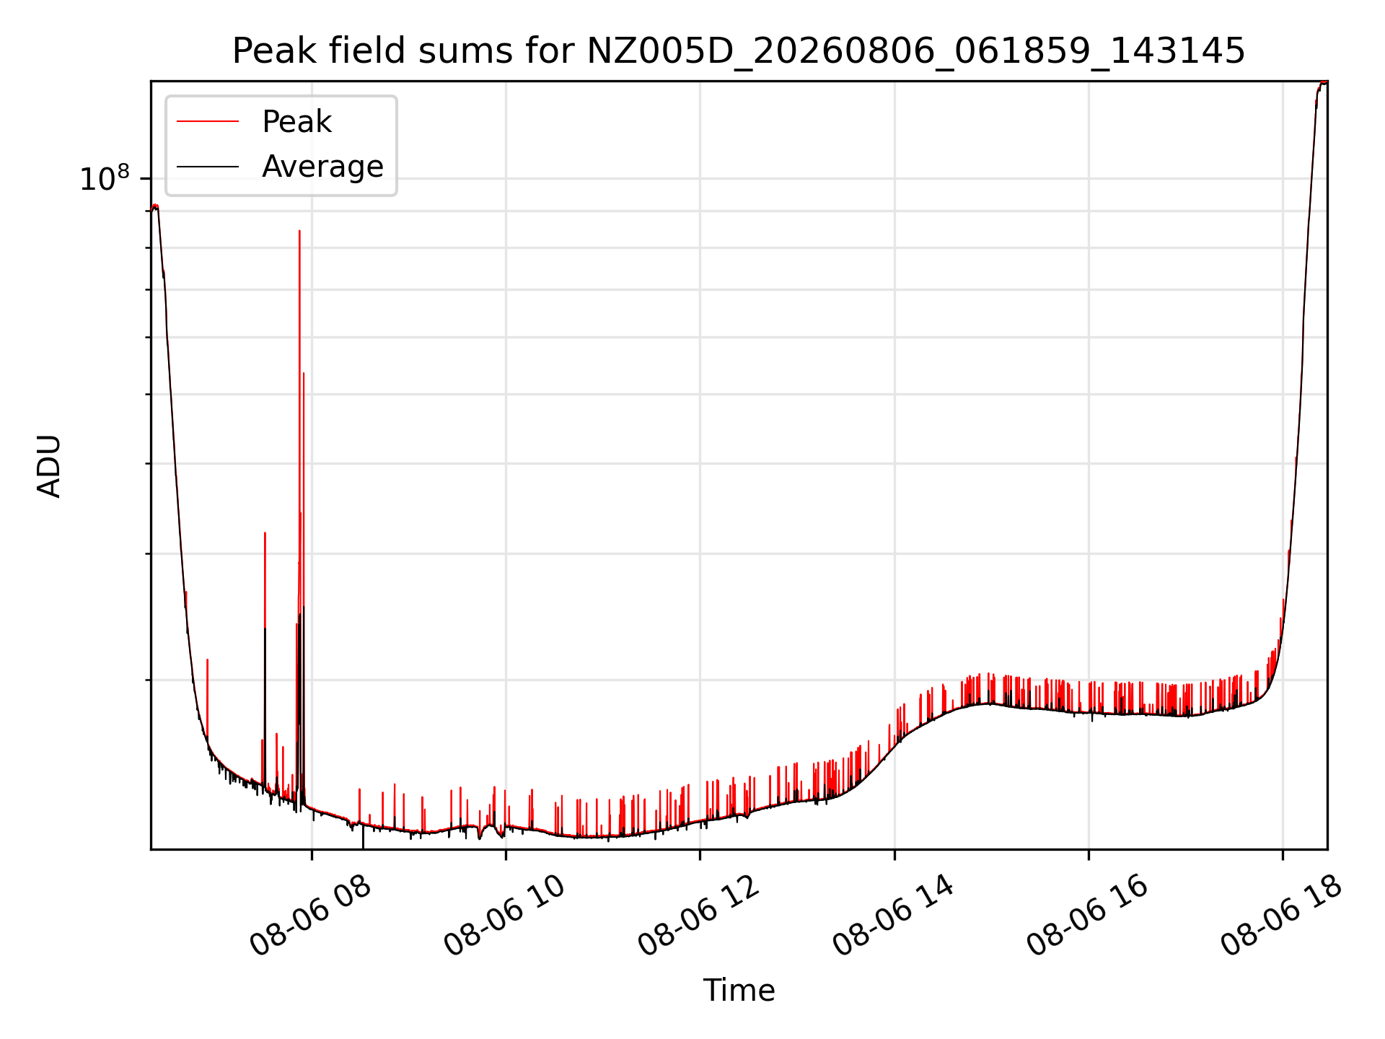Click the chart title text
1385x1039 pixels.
point(739,51)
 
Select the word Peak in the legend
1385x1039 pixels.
point(296,122)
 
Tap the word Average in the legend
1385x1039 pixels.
point(322,167)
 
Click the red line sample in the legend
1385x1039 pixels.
point(208,122)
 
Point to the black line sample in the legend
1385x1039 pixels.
point(208,167)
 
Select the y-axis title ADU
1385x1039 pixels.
point(49,466)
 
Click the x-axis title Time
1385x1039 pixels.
point(739,991)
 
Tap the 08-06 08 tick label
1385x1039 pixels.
point(310,916)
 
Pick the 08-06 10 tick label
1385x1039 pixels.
point(504,916)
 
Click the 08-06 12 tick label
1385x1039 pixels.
point(699,916)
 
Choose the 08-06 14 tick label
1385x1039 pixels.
point(893,916)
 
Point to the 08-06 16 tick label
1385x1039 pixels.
point(1087,916)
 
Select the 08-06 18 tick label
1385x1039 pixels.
point(1282,916)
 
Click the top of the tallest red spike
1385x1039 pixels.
point(299,231)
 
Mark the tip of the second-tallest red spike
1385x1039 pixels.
point(304,373)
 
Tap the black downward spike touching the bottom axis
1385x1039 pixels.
point(363,837)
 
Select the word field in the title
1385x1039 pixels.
point(369,51)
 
